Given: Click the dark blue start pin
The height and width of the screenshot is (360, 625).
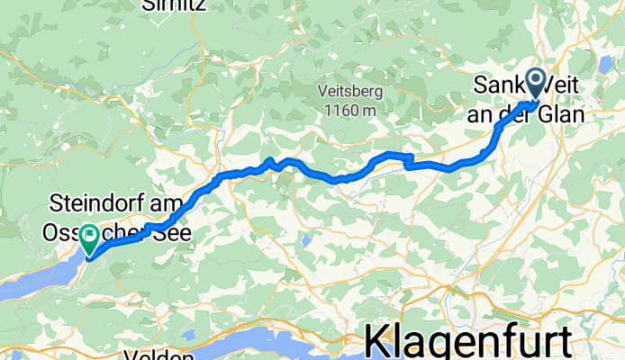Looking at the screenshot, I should tap(536, 84).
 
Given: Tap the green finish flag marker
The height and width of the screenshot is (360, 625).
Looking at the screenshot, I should tap(90, 237).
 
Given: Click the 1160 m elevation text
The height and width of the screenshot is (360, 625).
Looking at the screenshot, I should tap(349, 109).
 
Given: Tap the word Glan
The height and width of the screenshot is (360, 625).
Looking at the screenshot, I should tap(563, 115).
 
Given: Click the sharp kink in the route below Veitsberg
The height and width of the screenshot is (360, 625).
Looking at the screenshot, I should tap(410, 161).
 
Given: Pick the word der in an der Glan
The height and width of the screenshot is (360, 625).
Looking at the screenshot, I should tap(527, 115).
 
